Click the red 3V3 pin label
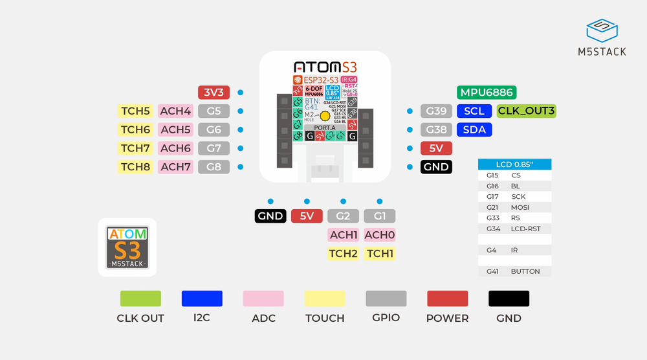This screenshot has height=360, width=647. click(x=214, y=93)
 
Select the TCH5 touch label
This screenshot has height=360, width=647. click(x=135, y=111)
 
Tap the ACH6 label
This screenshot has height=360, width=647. click(x=175, y=148)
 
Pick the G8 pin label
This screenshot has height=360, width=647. click(x=214, y=167)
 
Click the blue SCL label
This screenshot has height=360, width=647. click(x=474, y=111)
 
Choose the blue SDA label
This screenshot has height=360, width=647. click(x=474, y=129)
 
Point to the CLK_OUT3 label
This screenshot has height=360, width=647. click(x=526, y=111)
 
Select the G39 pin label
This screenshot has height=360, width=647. click(x=436, y=111)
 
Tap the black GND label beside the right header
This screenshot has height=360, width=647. click(x=436, y=167)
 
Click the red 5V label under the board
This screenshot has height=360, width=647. click(x=307, y=216)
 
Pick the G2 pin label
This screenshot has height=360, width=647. click(x=343, y=216)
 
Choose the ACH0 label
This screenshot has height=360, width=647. click(x=380, y=234)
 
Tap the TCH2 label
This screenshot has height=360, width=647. click(x=343, y=253)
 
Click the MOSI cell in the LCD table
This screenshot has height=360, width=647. click(x=520, y=207)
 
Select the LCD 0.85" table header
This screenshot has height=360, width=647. click(x=514, y=164)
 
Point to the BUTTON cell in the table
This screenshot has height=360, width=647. click(x=525, y=271)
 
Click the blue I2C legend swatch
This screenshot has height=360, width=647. click(x=202, y=298)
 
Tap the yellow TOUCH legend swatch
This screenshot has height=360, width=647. click(x=325, y=298)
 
